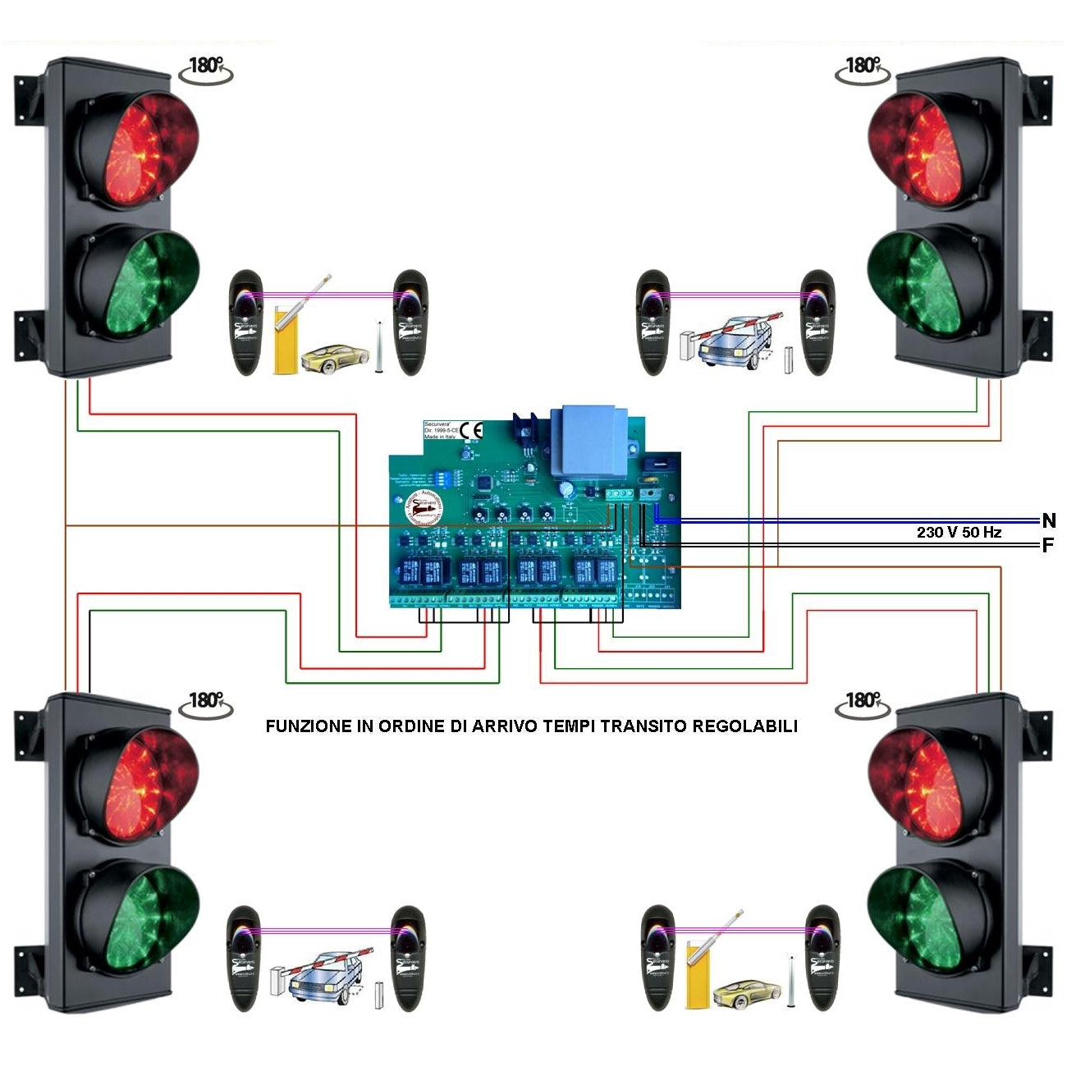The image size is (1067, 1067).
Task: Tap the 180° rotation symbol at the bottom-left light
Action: click(205, 703)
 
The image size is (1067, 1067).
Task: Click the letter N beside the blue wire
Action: click(1048, 520)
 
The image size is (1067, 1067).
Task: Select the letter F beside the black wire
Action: click(1047, 545)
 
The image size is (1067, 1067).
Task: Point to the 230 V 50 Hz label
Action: click(959, 533)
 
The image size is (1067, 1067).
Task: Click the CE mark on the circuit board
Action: click(472, 431)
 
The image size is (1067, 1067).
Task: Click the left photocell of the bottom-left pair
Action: click(244, 958)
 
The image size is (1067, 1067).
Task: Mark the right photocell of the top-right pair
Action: click(818, 323)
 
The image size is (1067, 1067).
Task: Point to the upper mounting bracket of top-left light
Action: click(27, 99)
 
